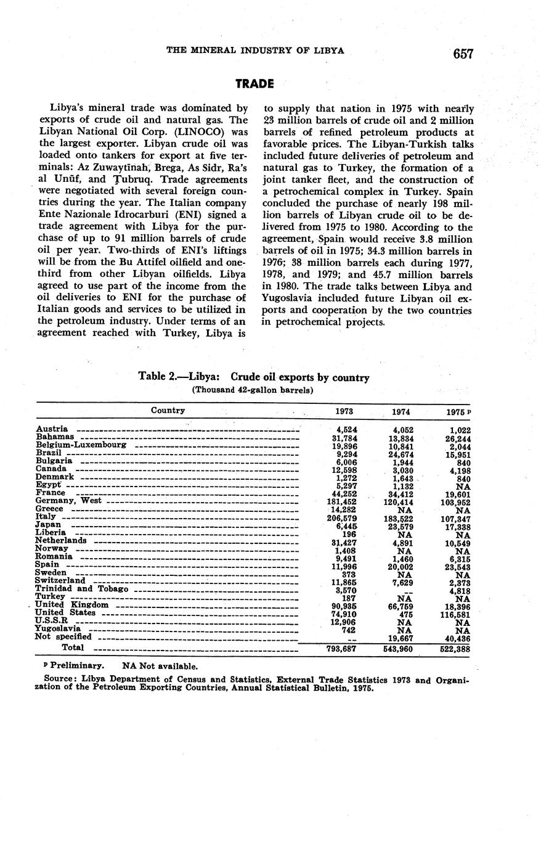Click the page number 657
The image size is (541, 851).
point(463,54)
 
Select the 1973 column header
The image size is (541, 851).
point(344,411)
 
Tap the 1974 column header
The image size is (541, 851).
point(401,412)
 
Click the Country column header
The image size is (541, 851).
point(168,410)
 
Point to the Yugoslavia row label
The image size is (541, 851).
point(59,628)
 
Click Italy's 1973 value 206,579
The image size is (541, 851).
point(341,517)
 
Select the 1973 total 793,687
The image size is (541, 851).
point(341,648)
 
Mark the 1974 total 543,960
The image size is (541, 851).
point(397,649)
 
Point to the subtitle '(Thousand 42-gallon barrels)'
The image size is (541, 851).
point(253,390)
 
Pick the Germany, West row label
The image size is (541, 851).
point(69,501)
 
